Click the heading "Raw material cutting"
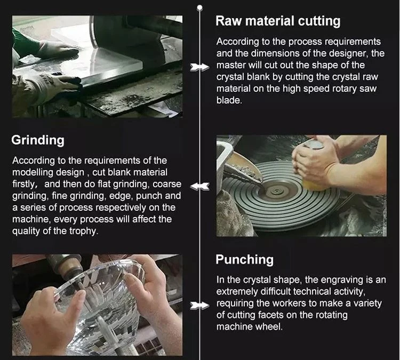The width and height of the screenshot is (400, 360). [x=278, y=21]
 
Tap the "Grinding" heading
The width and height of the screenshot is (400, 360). [x=38, y=140]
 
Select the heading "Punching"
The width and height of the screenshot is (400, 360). [x=244, y=260]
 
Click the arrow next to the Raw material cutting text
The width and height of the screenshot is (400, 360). [x=200, y=67]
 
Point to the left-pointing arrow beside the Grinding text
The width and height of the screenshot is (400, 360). [x=200, y=186]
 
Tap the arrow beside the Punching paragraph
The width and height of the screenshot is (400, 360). [x=200, y=306]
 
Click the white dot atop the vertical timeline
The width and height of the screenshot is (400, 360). [x=200, y=7]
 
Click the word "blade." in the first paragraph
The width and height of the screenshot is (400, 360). [x=229, y=100]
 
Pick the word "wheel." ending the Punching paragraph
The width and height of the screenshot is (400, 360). [x=270, y=327]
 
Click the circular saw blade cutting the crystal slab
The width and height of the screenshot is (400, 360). [x=95, y=33]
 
